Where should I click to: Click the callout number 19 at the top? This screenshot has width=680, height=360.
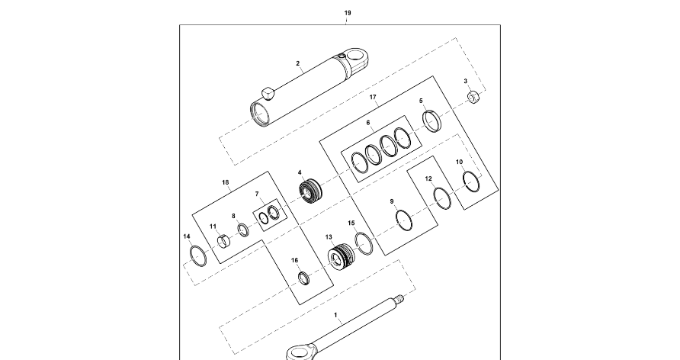click(348, 14)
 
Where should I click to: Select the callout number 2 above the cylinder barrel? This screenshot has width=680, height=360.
click(298, 64)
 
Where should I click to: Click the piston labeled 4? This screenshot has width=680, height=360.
click(311, 191)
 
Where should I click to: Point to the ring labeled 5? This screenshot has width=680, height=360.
click(432, 121)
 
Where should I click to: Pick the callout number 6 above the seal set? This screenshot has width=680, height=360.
click(368, 122)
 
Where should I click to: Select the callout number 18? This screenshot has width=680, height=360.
click(225, 183)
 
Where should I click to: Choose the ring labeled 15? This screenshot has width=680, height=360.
click(363, 243)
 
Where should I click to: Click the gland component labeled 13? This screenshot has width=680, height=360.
click(340, 256)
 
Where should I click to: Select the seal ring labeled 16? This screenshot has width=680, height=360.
click(303, 278)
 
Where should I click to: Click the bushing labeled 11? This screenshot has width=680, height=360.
click(223, 243)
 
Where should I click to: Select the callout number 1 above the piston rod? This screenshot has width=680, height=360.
click(335, 313)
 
